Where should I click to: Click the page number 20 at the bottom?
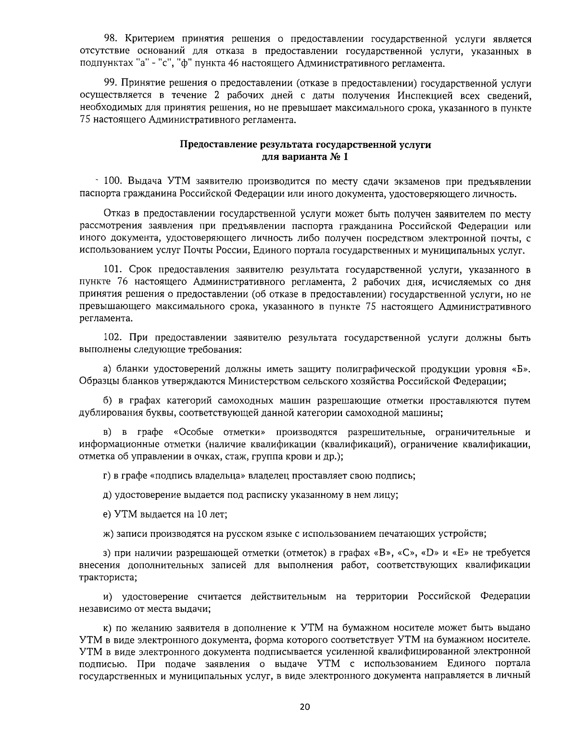point(305,707)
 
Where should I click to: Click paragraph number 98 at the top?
point(111,39)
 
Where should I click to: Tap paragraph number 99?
point(111,83)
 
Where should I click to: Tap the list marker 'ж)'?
point(108,533)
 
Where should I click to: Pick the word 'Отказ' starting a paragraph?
point(115,213)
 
